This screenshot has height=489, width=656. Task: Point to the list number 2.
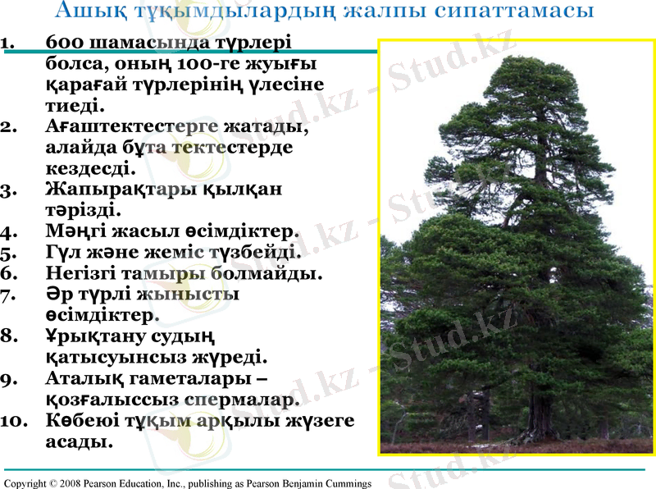pos(10,127)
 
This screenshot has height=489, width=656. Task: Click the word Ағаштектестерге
pos(132,127)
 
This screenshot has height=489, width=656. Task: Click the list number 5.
pos(10,253)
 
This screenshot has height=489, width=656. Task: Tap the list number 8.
pos(10,336)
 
